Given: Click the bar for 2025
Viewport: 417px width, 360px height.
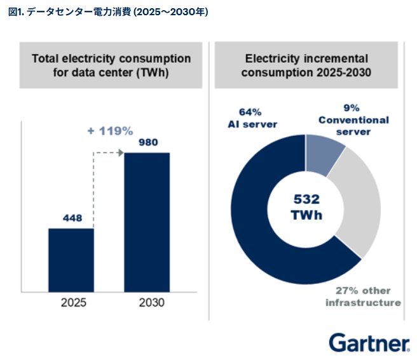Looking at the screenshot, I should (71, 257).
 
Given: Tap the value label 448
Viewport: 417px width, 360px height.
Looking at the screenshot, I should (72, 219).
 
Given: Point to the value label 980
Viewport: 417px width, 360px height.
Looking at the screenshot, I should (147, 143).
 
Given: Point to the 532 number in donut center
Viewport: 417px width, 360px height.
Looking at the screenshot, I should (306, 199).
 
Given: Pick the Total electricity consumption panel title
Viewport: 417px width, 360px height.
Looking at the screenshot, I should (111, 65).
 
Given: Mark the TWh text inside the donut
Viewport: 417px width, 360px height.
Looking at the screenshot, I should (306, 215).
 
